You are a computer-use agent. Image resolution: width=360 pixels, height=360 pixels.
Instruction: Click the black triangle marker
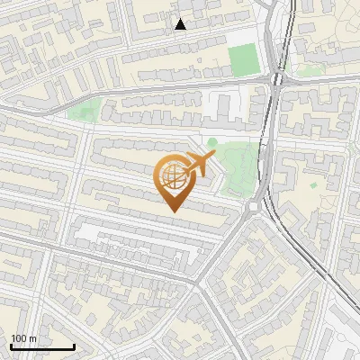click(181, 24)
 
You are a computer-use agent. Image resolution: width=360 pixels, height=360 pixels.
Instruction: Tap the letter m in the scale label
click(32, 338)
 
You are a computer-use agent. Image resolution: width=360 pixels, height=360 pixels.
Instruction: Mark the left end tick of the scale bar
click(10, 346)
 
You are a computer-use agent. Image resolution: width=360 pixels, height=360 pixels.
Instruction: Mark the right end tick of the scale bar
click(74, 346)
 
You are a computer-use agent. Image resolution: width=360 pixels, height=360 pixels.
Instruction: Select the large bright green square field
click(242, 60)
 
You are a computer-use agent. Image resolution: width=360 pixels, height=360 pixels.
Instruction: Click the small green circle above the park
click(212, 142)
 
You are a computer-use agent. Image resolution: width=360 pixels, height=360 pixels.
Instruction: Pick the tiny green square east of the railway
click(313, 184)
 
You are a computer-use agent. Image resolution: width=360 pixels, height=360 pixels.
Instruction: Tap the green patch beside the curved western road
click(84, 113)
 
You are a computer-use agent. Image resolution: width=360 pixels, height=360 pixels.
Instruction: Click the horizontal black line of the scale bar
click(41, 346)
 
